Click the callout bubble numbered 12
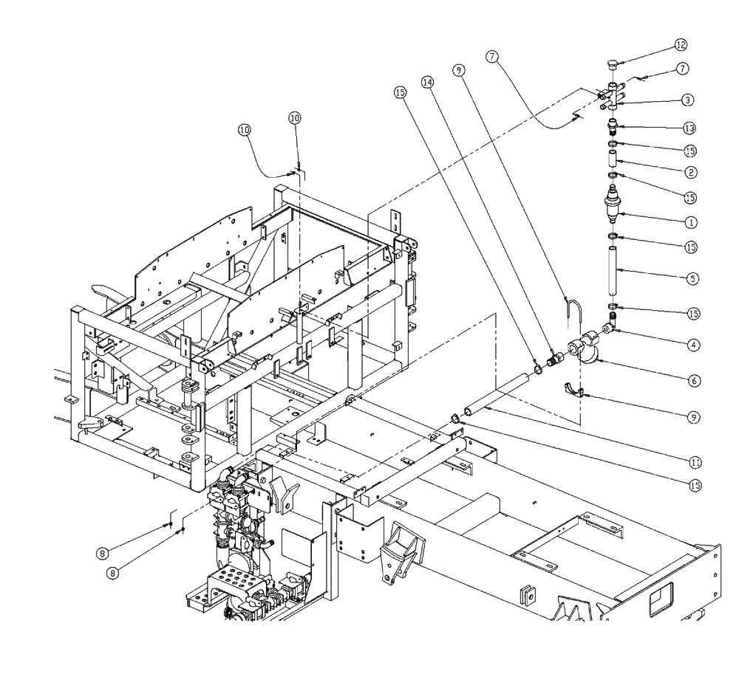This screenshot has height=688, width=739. coord(681,45)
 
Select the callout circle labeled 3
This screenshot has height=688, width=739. coord(687,98)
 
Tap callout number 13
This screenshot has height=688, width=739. coord(689,128)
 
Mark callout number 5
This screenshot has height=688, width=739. coord(692,278)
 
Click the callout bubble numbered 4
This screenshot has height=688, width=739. coord(692,343)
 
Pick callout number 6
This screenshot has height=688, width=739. coord(692,380)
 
